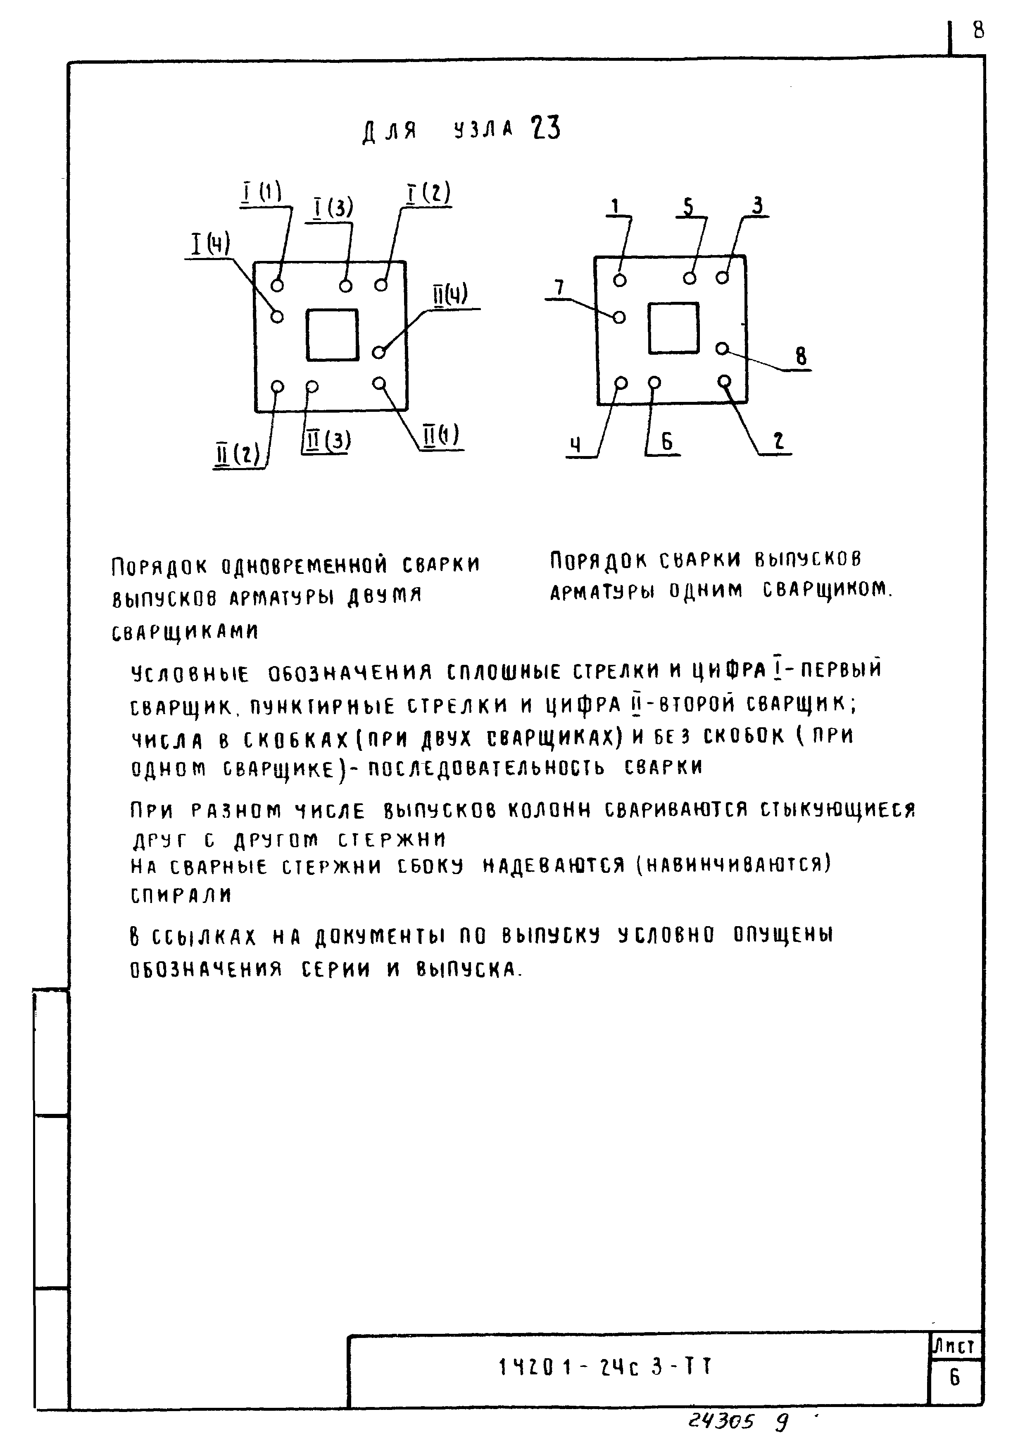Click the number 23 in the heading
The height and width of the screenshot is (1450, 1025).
tap(546, 128)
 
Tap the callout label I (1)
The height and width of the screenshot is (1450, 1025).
tap(263, 192)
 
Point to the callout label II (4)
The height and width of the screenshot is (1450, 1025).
tap(450, 295)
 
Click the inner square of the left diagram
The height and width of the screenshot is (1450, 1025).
tap(333, 335)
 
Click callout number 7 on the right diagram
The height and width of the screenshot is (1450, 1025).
tap(559, 288)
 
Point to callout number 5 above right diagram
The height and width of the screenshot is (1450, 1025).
tap(688, 206)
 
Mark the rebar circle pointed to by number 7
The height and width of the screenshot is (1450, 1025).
tap(619, 317)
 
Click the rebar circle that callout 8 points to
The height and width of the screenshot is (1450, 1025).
tap(723, 349)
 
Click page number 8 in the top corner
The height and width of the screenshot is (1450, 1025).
tap(978, 29)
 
